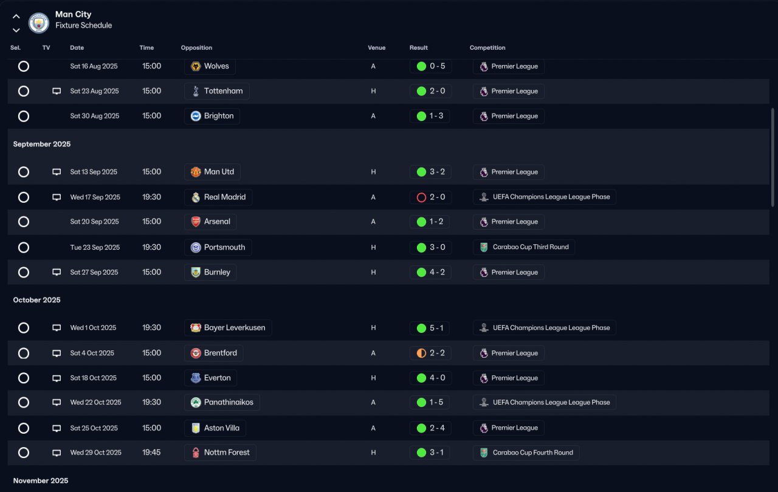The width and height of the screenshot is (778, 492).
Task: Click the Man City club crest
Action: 39,23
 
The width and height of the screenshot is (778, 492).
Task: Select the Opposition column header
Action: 196,48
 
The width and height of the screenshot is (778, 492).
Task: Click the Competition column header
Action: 487,48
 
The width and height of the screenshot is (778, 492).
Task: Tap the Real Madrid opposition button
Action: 218,197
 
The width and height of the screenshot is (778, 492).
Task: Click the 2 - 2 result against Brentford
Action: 430,353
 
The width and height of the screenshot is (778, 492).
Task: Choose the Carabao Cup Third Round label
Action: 524,247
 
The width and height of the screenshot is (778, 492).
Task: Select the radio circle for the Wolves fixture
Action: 24,66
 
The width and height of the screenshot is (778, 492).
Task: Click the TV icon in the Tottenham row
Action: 57,91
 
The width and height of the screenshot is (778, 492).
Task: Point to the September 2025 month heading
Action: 42,144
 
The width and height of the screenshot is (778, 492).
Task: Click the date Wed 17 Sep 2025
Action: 95,197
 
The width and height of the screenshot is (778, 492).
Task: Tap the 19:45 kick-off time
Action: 151,453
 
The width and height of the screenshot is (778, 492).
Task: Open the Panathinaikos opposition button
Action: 222,402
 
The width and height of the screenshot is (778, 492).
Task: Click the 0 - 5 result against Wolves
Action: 430,66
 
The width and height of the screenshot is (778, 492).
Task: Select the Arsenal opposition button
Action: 210,222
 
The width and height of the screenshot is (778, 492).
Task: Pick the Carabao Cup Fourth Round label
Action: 526,453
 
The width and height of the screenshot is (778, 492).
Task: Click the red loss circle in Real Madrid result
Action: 421,197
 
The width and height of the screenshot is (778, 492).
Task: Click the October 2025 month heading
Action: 37,300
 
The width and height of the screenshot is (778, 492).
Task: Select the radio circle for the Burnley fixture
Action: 24,272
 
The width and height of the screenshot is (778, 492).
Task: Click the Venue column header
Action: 377,48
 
